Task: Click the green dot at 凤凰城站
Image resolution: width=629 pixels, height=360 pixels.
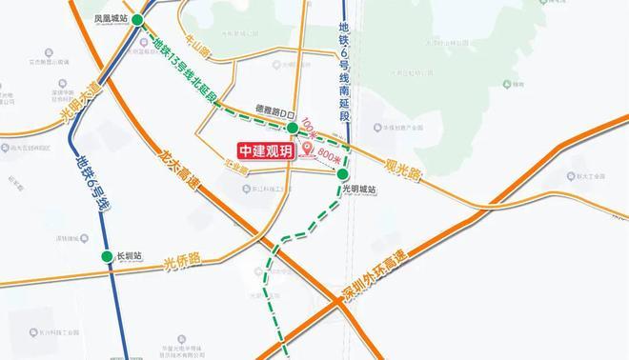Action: point(139,20)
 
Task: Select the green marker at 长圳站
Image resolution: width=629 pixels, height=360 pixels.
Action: point(107,256)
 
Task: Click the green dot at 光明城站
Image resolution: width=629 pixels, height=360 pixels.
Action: point(342,173)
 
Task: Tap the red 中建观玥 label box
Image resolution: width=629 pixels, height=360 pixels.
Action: point(266,150)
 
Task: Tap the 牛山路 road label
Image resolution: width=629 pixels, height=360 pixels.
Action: point(196,44)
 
